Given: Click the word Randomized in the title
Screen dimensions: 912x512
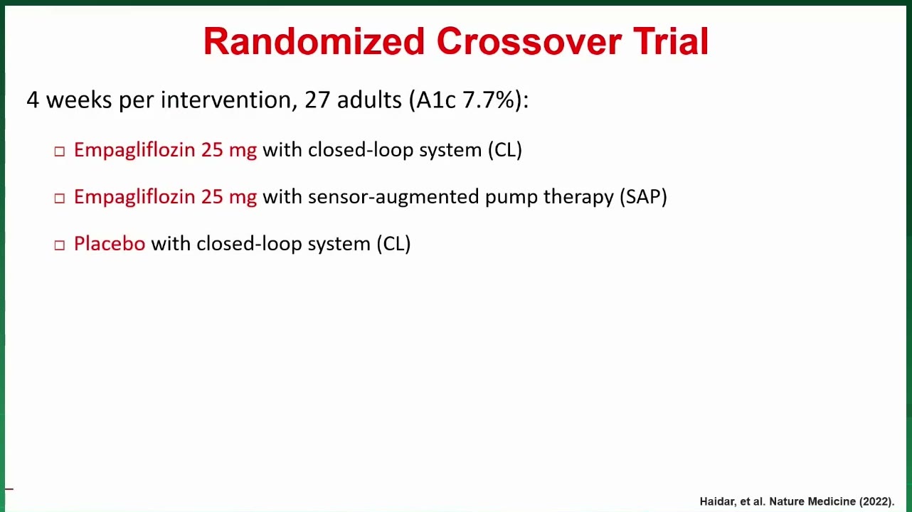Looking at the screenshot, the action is coord(314,41).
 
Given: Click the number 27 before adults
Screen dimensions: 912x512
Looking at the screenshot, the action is coord(317,100).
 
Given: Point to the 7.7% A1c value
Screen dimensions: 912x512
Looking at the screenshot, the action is coord(489,100).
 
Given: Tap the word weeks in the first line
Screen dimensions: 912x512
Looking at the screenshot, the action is coord(79,100).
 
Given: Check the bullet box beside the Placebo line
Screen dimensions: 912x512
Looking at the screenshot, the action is coord(60,245).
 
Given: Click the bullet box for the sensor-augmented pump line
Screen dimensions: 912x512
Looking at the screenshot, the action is coord(60,198).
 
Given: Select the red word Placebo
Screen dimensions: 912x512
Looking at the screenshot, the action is coord(110,243).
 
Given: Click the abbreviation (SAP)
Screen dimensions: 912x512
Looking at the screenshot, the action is coord(643,196).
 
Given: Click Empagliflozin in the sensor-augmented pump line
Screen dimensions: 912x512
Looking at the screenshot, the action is coord(134,198).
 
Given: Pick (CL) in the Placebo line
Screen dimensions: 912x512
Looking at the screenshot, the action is coord(393,244).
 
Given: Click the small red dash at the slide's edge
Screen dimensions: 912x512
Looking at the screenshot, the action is coord(9,489).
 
